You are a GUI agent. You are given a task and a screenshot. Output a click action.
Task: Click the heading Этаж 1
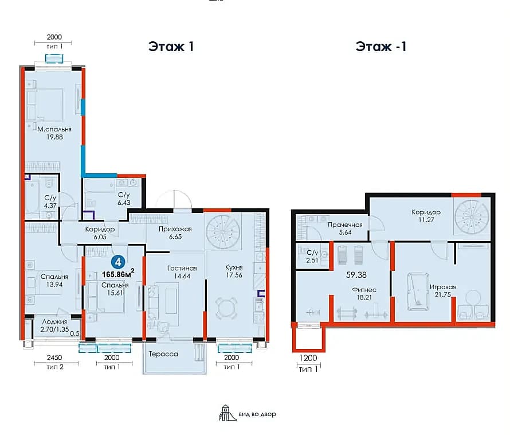click(x=171, y=46)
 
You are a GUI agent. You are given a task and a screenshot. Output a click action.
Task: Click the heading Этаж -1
click(x=381, y=46)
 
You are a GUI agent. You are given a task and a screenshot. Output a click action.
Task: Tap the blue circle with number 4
click(x=118, y=262)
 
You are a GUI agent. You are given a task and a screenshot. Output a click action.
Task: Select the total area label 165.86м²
click(x=118, y=274)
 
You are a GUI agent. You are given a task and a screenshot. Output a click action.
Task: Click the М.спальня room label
click(x=54, y=129)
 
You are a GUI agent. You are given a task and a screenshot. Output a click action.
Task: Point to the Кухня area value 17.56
click(x=234, y=275)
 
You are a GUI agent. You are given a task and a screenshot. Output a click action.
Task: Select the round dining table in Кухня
click(x=226, y=308)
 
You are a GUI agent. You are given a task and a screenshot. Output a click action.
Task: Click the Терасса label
click(x=163, y=354)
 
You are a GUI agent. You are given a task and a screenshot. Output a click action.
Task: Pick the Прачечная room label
click(x=345, y=224)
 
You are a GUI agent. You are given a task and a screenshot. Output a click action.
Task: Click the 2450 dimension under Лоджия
click(x=54, y=358)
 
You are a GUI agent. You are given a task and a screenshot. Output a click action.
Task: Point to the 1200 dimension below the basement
click(x=308, y=358)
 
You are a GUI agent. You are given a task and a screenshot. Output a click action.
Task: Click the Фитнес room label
click(x=364, y=289)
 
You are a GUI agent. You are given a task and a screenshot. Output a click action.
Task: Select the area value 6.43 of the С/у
click(x=124, y=203)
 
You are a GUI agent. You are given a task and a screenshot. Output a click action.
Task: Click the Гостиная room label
click(x=182, y=268)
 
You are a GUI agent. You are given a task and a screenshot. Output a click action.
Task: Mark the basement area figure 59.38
click(x=356, y=275)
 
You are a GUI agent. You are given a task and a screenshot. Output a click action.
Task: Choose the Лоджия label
click(x=54, y=321)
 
